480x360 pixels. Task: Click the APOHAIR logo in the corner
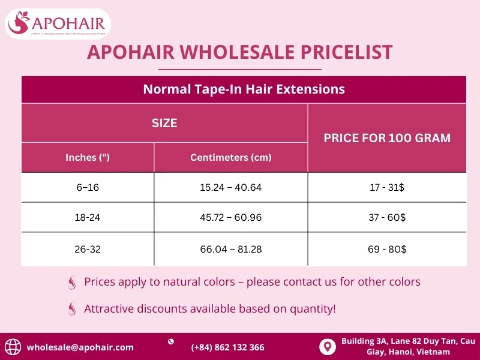coord(58,24)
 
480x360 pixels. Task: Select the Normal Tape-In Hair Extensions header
coord(244,89)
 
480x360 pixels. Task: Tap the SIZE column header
coord(164,123)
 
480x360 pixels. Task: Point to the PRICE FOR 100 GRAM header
coord(387,138)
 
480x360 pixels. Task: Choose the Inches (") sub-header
coord(88,158)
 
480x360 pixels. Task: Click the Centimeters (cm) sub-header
coord(231,158)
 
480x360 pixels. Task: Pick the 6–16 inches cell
coord(88,188)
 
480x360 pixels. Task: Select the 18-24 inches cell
coord(88,218)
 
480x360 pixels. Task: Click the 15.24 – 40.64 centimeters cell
coord(231,188)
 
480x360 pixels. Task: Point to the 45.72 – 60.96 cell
coord(231,218)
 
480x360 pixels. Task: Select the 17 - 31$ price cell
coord(387,188)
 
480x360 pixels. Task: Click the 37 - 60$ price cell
coord(387,218)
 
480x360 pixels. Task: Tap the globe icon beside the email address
coord(13,347)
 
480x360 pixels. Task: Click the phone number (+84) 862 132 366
coord(227,347)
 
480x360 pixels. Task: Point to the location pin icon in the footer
coord(327,347)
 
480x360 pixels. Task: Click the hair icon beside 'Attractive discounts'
coord(72,309)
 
